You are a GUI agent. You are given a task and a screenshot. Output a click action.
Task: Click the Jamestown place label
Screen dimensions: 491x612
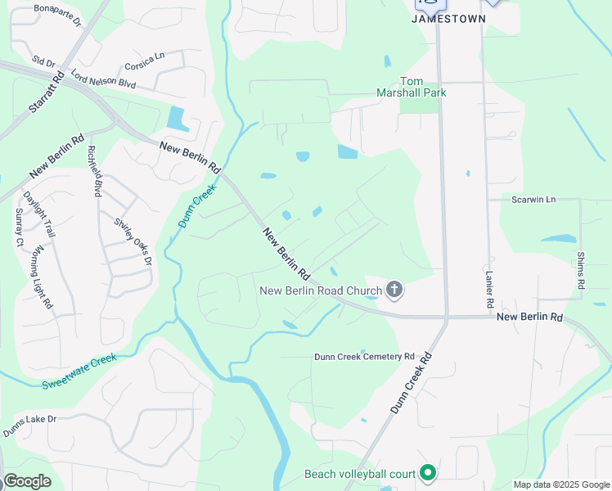[448, 18]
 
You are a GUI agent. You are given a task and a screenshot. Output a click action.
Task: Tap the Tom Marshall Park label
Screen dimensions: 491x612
[423, 87]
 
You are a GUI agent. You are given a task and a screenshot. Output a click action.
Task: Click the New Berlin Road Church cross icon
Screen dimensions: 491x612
[394, 289]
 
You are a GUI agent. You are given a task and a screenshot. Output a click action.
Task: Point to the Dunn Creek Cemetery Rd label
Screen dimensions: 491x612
[365, 357]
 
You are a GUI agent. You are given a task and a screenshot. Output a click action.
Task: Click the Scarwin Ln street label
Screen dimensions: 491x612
[533, 199]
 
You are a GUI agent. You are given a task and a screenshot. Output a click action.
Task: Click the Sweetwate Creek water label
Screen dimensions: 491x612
[79, 370]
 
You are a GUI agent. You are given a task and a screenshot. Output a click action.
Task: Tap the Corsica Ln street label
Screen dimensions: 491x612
[145, 61]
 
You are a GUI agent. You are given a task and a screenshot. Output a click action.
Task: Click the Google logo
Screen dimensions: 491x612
[27, 481]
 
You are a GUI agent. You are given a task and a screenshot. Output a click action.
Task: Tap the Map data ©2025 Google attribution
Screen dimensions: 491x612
[561, 484]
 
